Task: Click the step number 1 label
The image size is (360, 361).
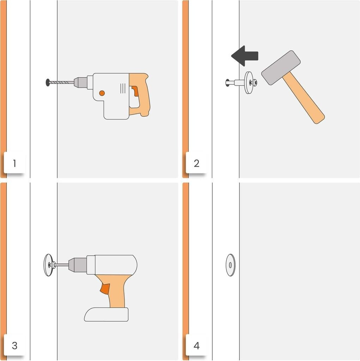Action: [14, 163]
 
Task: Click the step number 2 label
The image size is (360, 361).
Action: [196, 163]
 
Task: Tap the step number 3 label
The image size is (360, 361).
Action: [14, 345]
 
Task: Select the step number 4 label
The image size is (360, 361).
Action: [196, 345]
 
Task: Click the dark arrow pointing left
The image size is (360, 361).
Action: [245, 56]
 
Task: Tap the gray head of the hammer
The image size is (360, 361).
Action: [281, 68]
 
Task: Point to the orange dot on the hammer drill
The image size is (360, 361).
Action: [102, 93]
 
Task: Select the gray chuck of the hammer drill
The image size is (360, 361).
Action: [80, 82]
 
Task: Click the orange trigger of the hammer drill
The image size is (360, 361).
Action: [135, 91]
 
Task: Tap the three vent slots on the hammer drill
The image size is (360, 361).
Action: [123, 88]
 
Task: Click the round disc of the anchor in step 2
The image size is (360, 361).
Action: [248, 82]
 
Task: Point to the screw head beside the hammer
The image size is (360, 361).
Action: [255, 82]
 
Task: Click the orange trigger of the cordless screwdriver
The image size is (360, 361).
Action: [105, 289]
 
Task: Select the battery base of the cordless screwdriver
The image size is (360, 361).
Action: [106, 314]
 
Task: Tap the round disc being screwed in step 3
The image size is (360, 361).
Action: [48, 265]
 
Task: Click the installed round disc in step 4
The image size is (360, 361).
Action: [231, 265]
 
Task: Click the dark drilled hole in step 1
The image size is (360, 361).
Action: [48, 82]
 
